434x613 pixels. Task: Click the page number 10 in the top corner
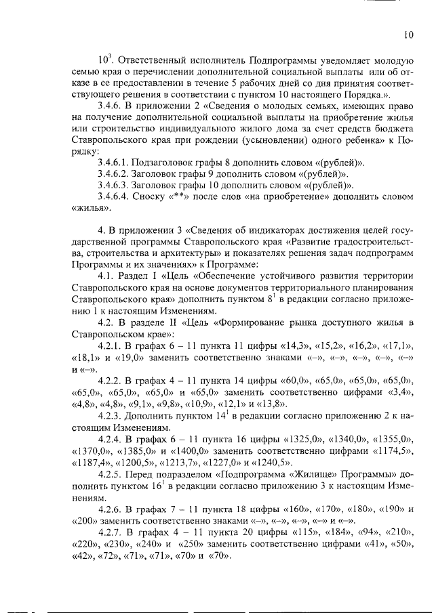tap(408, 35)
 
